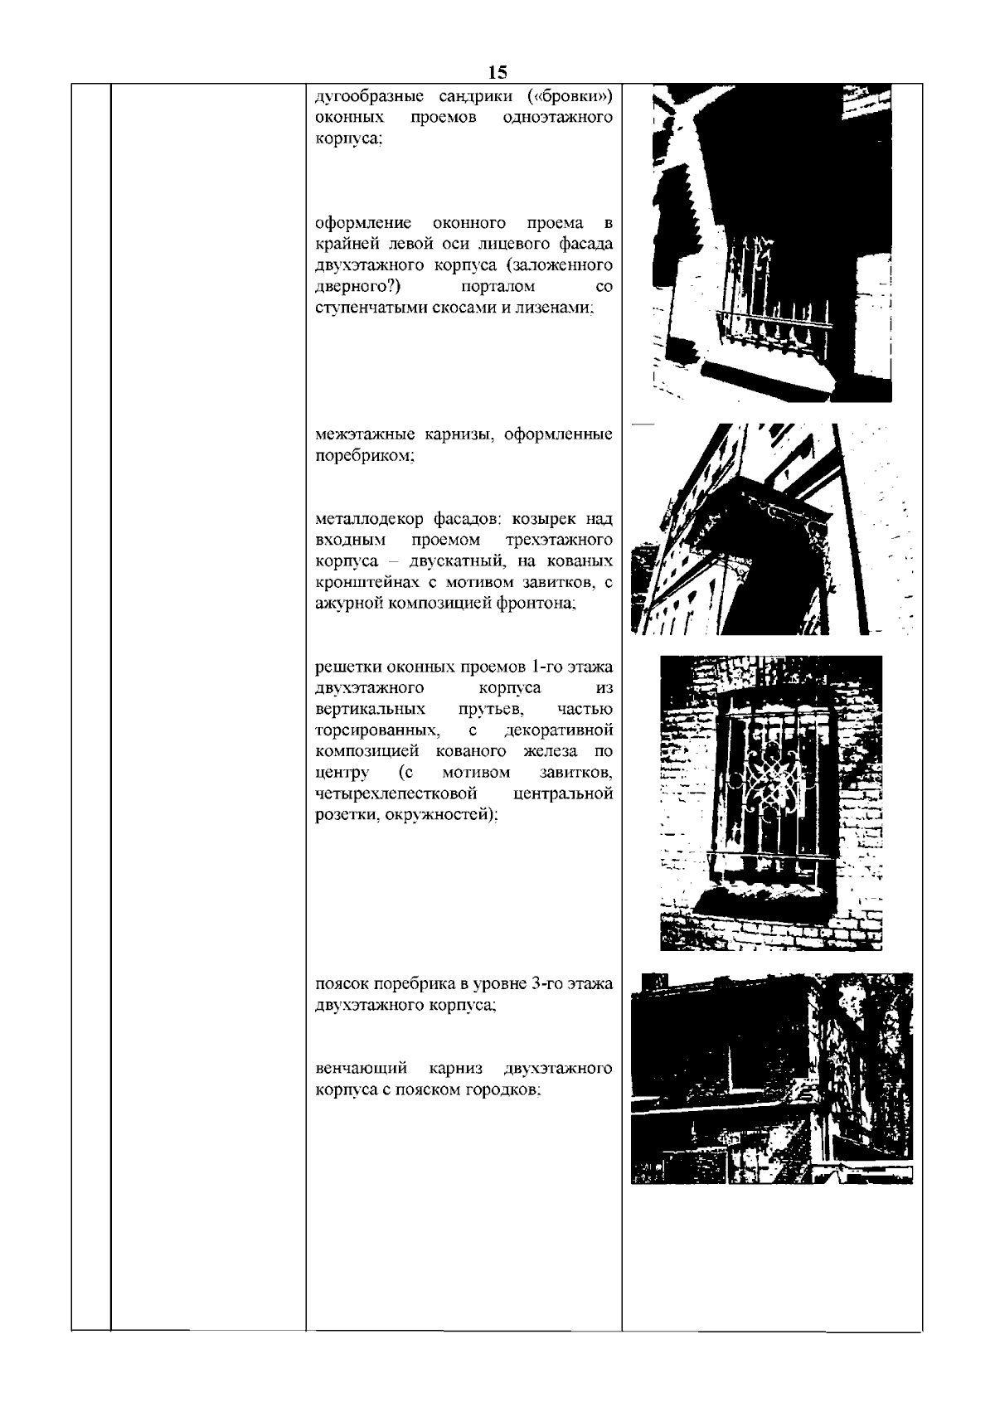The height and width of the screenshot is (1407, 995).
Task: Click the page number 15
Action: coord(498,71)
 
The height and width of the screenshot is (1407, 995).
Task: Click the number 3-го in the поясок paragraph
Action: coord(543,984)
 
